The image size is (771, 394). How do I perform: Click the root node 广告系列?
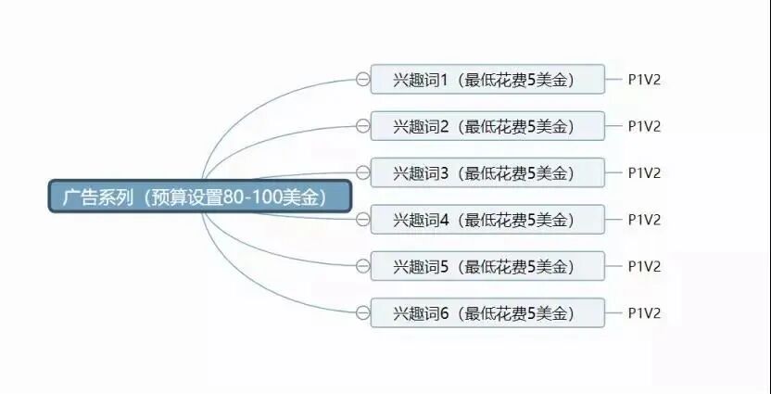point(199,197)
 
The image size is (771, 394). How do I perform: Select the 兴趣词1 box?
point(487,80)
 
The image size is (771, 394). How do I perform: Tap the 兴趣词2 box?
point(487,126)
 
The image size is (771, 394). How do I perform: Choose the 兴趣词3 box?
point(487,172)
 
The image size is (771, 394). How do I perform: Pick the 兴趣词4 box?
point(487,220)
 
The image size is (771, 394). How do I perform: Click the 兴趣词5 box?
point(487,266)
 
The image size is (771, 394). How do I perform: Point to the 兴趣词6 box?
point(487,312)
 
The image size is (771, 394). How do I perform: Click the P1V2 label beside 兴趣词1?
point(644,80)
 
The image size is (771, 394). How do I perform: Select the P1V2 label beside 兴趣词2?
point(644,126)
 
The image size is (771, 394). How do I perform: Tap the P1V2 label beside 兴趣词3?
point(644,172)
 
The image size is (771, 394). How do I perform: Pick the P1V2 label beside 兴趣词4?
point(644,220)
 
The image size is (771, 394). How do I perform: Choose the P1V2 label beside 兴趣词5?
point(644,266)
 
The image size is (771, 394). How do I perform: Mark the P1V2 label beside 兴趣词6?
point(644,312)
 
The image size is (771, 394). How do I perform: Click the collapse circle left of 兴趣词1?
point(362,80)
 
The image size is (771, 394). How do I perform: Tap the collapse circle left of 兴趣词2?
point(362,126)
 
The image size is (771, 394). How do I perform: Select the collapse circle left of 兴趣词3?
point(362,172)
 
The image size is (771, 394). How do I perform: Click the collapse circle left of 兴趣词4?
point(362,220)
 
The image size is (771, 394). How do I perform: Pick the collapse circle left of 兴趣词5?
point(362,266)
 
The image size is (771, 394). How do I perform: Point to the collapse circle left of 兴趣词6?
point(362,312)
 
